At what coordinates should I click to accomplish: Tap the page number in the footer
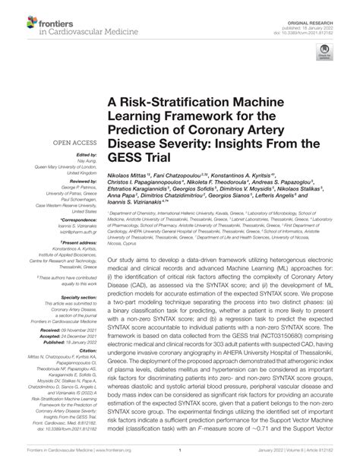click(x=179, y=461)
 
